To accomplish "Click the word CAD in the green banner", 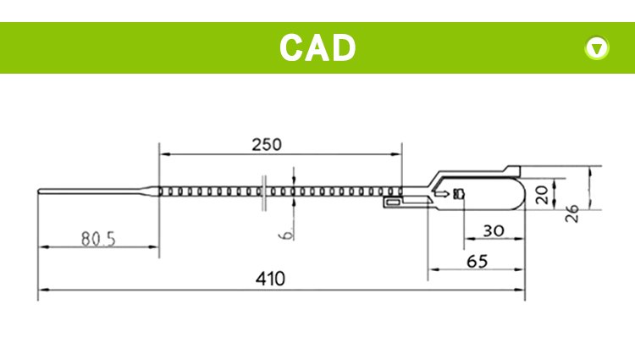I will point(317,47).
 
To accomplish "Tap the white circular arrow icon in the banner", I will point(597,48).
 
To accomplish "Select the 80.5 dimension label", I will point(98,238).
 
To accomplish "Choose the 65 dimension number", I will point(477,262).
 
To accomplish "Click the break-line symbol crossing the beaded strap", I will point(266,192).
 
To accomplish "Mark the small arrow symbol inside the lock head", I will point(441,194).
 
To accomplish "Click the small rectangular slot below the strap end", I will point(393,203).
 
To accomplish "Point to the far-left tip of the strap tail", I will point(39,192).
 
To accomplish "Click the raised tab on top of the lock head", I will point(511,169).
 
